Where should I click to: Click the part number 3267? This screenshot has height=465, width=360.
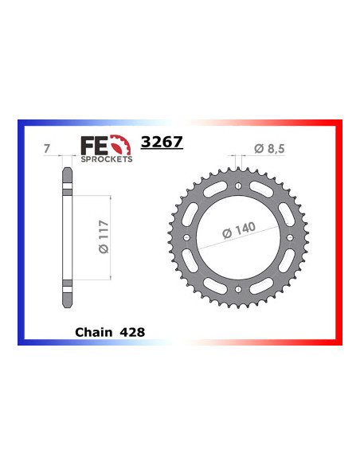(x=162, y=143)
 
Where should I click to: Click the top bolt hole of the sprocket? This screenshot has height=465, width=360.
(x=239, y=187)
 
